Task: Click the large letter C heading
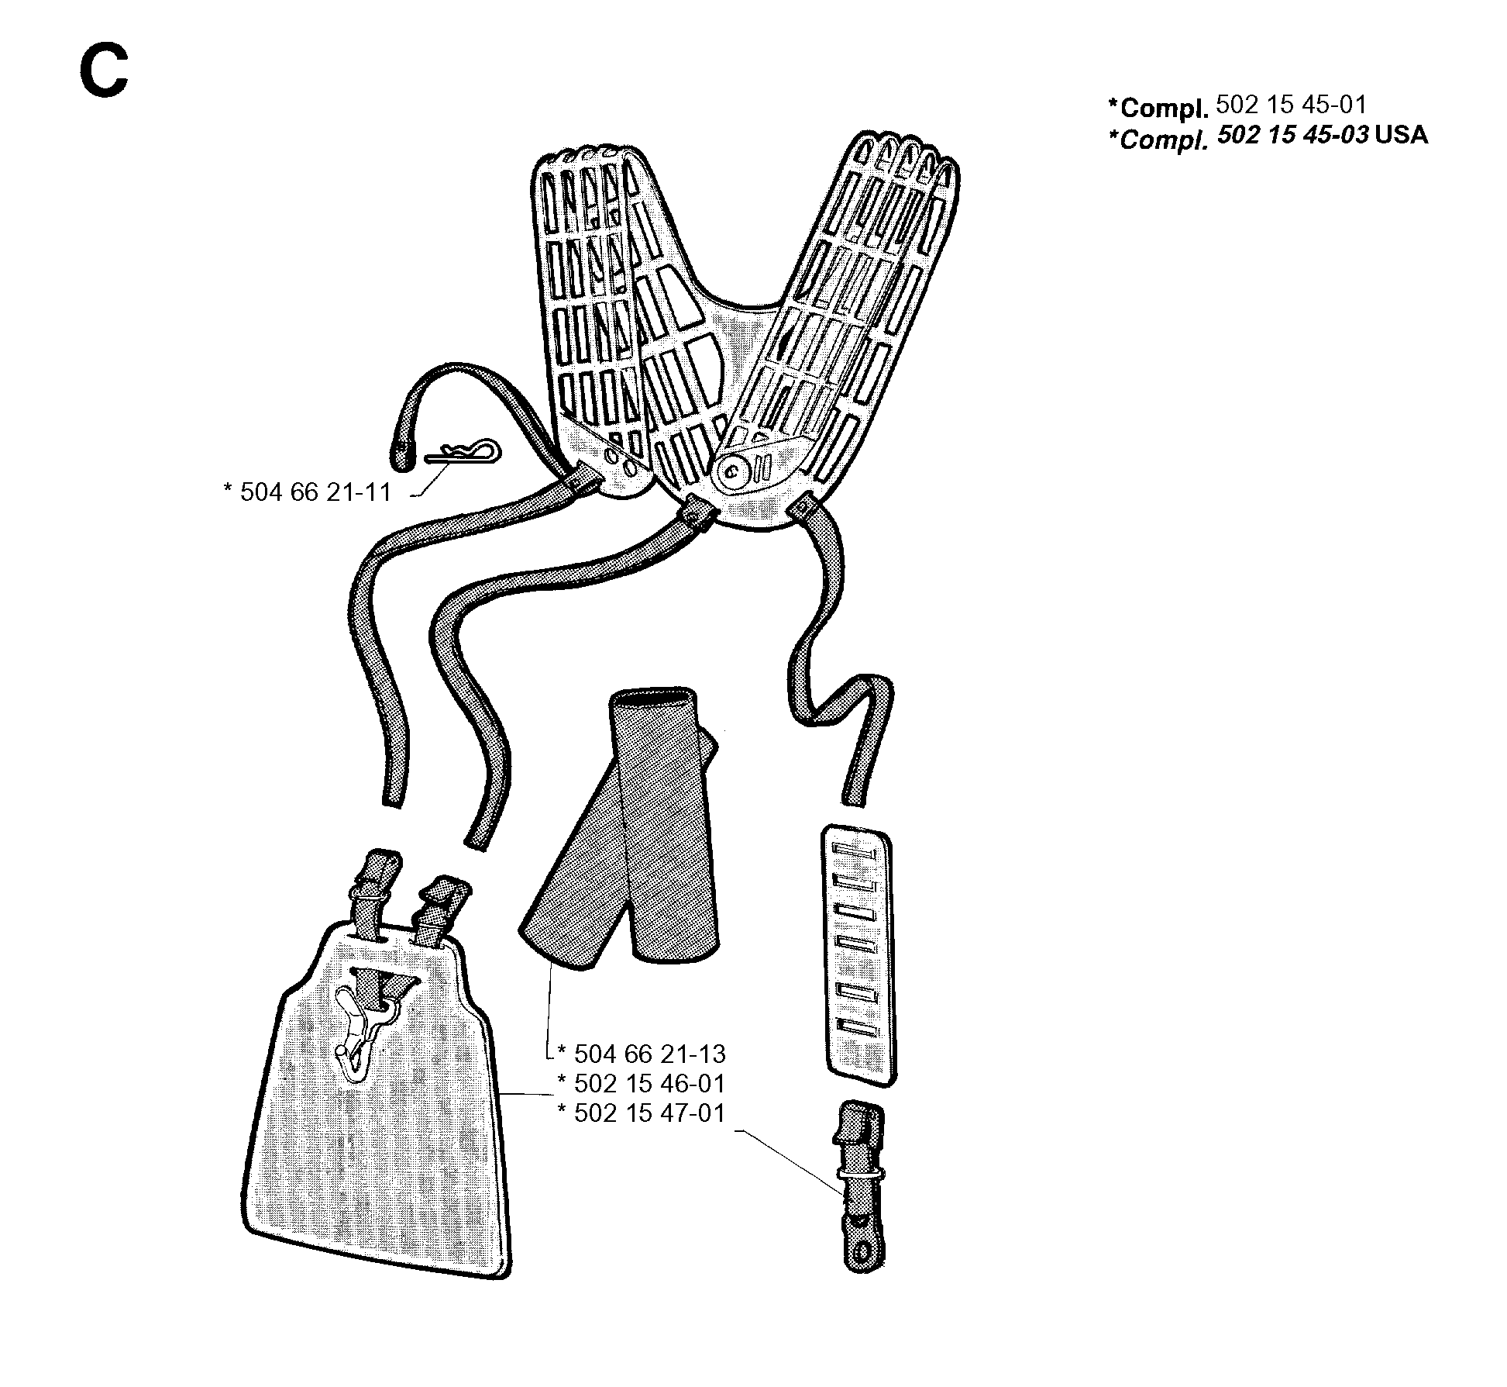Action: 103,71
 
